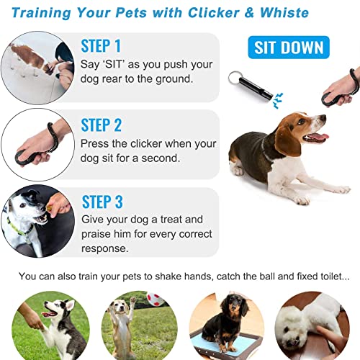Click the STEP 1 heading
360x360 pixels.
click(x=102, y=46)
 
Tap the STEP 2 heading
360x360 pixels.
click(x=102, y=125)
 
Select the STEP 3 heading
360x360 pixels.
click(x=102, y=202)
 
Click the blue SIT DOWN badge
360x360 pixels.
click(x=288, y=48)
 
